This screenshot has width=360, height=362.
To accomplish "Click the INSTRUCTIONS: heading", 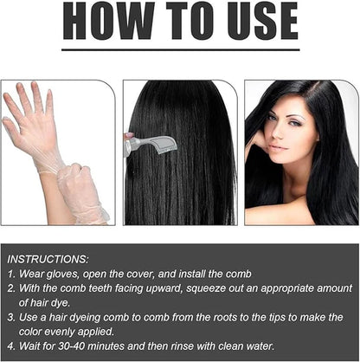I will coord(48,259).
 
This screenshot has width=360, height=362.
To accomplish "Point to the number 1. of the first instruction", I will coord(11,273).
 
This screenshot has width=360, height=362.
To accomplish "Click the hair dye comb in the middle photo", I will coord(152,143).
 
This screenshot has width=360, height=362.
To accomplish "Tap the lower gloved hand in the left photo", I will coord(82,191).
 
